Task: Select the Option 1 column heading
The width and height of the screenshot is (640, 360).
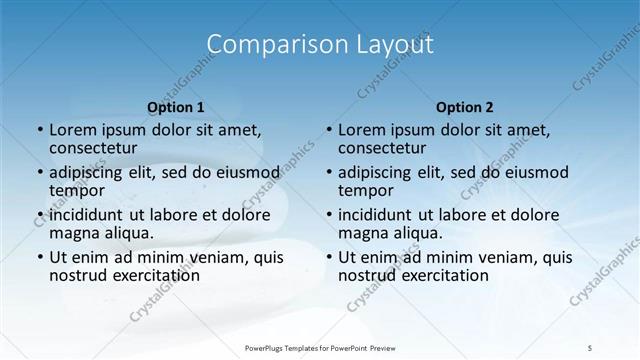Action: [x=175, y=106]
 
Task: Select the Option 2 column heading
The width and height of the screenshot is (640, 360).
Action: [x=464, y=106]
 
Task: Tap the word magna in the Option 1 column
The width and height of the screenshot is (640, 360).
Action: [x=76, y=232]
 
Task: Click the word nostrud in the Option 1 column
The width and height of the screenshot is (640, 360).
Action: [x=78, y=275]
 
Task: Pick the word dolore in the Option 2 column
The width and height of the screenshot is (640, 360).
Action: [x=545, y=214]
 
